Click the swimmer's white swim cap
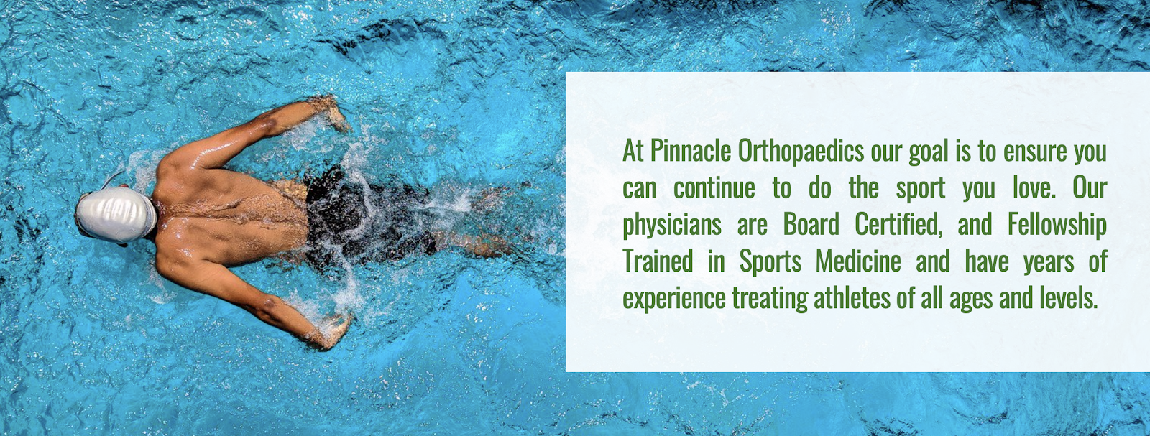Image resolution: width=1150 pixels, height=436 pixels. click(x=116, y=214)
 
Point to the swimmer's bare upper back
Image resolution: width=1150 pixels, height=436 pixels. click(x=231, y=215)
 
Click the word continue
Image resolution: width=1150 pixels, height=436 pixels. click(x=714, y=188)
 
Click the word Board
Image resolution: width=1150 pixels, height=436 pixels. click(x=811, y=225)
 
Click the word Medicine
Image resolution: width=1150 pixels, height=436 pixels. click(x=858, y=261)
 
